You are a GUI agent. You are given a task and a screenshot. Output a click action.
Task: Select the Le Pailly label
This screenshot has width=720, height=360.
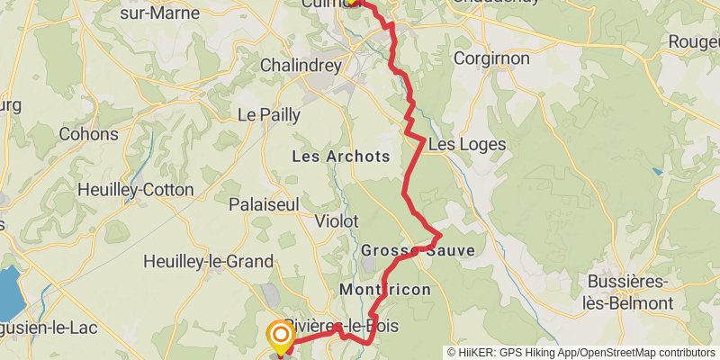point(268,114)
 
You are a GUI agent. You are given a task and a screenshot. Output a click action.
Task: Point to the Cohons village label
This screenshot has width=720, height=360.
point(88,134)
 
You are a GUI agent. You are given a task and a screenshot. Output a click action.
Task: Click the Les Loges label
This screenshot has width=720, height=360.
point(467,144)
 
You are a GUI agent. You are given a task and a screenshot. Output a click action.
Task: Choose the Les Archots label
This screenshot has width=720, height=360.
point(341,157)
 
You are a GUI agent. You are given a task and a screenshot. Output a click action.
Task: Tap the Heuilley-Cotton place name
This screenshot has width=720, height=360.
point(136,190)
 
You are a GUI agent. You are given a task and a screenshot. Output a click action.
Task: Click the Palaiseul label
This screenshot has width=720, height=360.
point(263,205)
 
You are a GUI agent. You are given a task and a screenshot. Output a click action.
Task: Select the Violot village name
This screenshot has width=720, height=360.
point(337,220)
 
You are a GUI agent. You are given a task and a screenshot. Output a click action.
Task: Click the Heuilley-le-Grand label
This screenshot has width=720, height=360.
point(208,262)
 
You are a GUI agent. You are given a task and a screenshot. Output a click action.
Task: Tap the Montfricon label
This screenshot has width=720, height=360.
point(385,290)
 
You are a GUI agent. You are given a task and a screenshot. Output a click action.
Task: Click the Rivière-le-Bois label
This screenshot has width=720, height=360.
point(341,325)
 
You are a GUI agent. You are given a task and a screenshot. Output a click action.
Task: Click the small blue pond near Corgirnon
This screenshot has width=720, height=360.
point(658,171)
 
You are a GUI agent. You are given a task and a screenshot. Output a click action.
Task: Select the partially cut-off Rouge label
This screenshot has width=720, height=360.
point(693,42)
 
